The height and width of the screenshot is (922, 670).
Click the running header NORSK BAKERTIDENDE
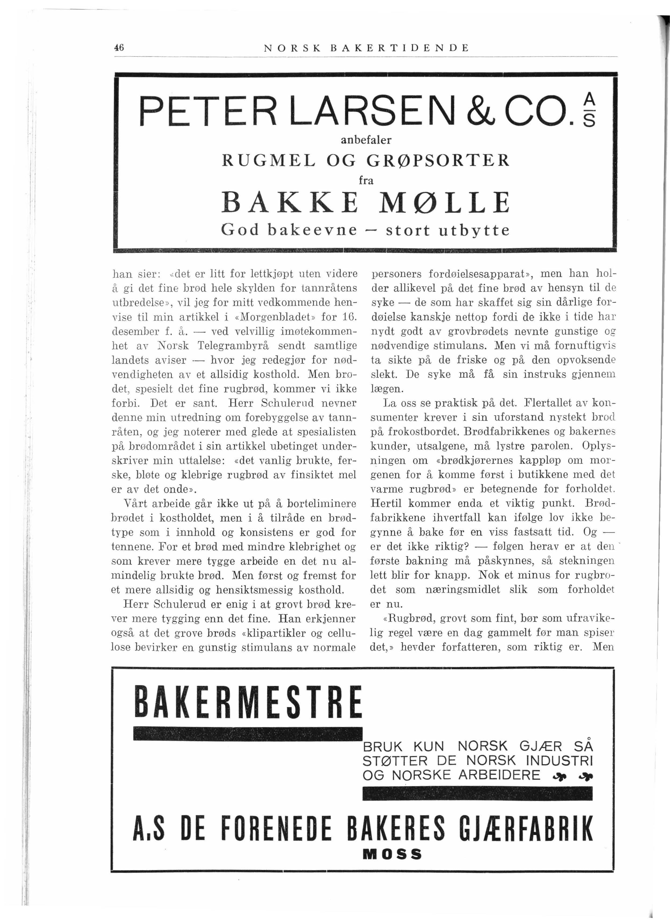coord(366,48)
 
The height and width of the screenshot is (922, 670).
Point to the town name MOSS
coord(392,854)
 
